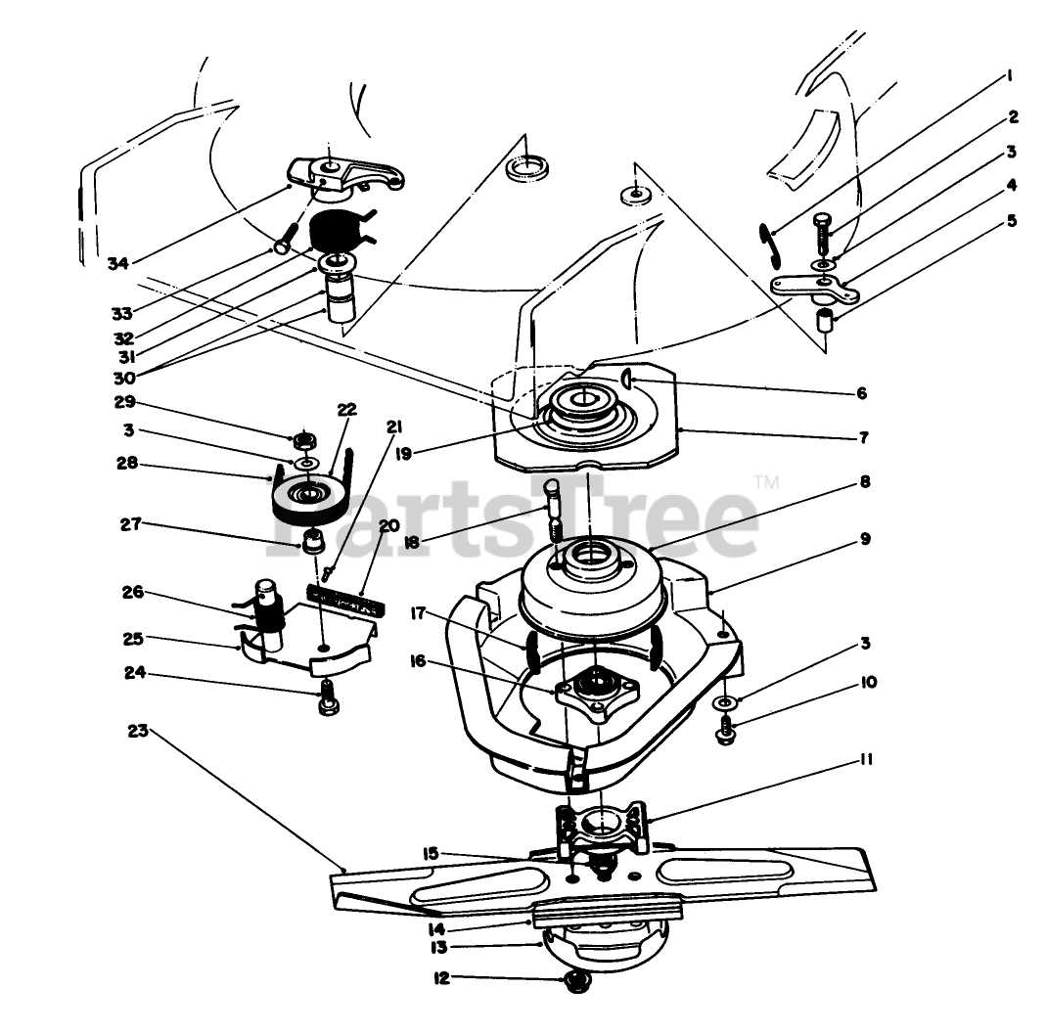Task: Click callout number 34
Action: pos(117,262)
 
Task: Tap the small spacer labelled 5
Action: pos(827,319)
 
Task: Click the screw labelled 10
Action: pos(725,730)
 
